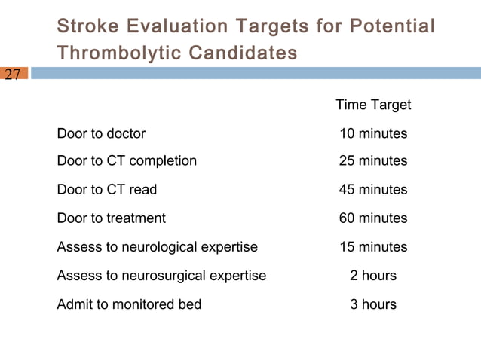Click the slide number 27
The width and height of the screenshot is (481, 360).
pyautogui.click(x=13, y=74)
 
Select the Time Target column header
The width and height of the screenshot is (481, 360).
pyautogui.click(x=373, y=105)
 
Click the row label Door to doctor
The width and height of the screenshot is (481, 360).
pyautogui.click(x=101, y=133)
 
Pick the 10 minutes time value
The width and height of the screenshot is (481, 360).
pyautogui.click(x=373, y=133)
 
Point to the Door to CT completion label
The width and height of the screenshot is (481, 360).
pyautogui.click(x=127, y=160)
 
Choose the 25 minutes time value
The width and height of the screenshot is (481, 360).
pyautogui.click(x=373, y=160)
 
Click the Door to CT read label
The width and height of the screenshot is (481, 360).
pyautogui.click(x=107, y=189)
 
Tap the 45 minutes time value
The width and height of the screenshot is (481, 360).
pyautogui.click(x=373, y=189)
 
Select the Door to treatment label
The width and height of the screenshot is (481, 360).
pyautogui.click(x=111, y=218)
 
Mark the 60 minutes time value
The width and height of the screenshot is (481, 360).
pyautogui.click(x=373, y=218)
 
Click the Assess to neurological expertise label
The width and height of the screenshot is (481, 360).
pyautogui.click(x=157, y=246)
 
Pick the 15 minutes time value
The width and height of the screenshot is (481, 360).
pyautogui.click(x=373, y=246)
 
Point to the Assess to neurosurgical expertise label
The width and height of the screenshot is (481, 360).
pyautogui.click(x=161, y=276)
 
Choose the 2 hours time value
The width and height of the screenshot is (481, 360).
pyautogui.click(x=373, y=276)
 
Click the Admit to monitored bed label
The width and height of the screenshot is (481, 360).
pyautogui.click(x=129, y=304)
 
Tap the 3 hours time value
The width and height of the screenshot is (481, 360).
pyautogui.click(x=373, y=304)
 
